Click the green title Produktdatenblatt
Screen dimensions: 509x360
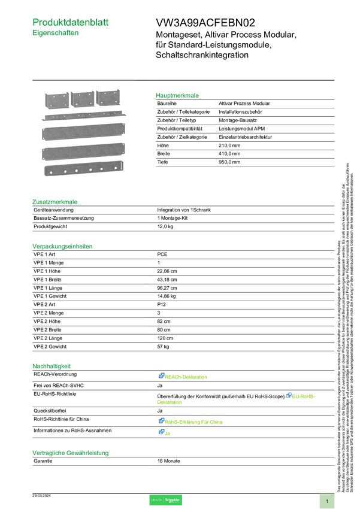tap(71, 22)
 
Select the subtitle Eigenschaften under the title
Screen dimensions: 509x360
tap(56, 34)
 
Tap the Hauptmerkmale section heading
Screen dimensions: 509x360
tap(178, 95)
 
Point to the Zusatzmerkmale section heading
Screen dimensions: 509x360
tap(55, 202)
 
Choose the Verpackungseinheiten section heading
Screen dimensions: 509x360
tap(62, 246)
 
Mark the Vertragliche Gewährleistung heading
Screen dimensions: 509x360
tap(70, 453)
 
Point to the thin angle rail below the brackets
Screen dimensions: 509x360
tap(84, 114)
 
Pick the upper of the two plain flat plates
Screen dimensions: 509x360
tap(84, 132)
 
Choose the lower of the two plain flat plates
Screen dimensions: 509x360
tap(84, 152)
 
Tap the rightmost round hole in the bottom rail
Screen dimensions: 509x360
tap(114, 168)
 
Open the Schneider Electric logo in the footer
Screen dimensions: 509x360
tap(165, 500)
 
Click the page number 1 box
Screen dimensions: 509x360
tap(327, 501)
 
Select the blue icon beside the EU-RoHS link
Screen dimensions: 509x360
tap(289, 395)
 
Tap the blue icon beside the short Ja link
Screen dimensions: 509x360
tap(161, 432)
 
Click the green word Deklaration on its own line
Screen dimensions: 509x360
tap(170, 403)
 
